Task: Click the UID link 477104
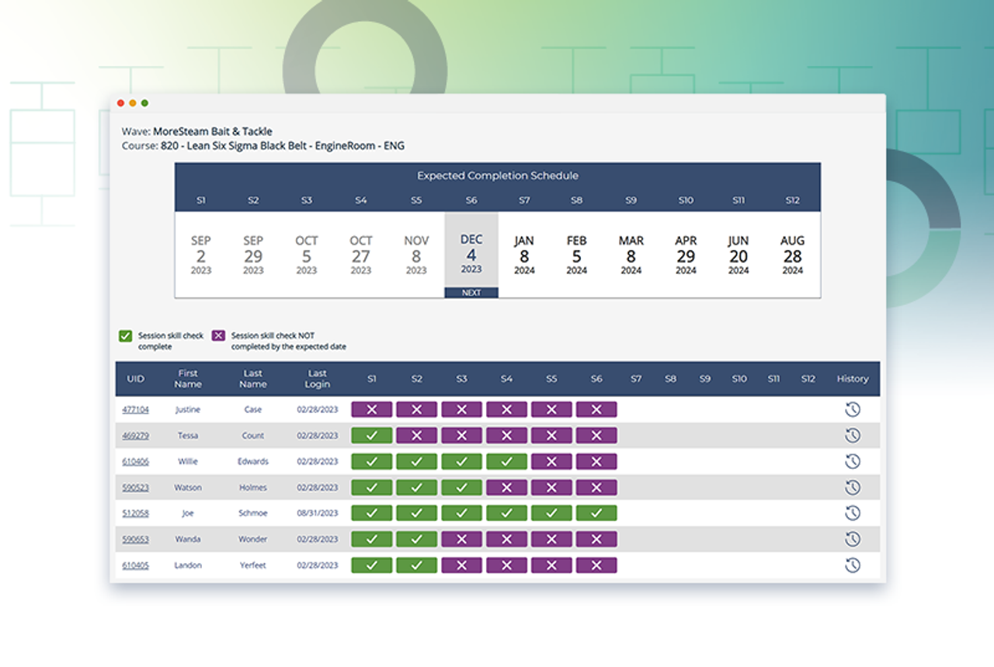pos(135,409)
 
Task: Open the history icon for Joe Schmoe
pos(852,513)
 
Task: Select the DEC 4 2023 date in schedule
pos(471,254)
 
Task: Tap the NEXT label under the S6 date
pos(471,293)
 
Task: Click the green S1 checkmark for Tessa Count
pos(371,436)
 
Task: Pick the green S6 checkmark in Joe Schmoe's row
pos(596,513)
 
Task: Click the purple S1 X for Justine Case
pos(371,409)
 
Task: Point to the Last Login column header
pos(317,379)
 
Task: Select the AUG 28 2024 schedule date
pos(792,255)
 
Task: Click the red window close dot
pos(120,103)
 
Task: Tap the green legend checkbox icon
pos(125,335)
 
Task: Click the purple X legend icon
pos(218,335)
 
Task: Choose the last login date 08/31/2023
pos(317,513)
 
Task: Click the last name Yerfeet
pos(252,565)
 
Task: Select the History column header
pos(852,379)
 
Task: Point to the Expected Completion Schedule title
pos(497,175)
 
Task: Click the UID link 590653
pos(135,539)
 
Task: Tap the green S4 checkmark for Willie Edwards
pos(506,461)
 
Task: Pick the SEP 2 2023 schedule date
pos(201,255)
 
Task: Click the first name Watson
pos(188,488)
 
